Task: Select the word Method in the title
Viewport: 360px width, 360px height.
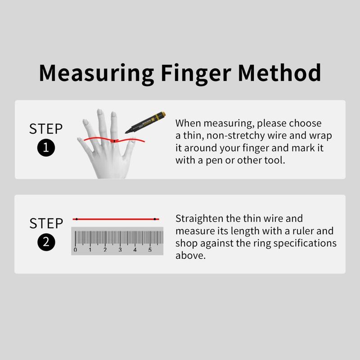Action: pyautogui.click(x=279, y=72)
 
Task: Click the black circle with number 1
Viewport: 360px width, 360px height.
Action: pyautogui.click(x=46, y=148)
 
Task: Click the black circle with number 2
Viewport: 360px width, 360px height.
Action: pyautogui.click(x=46, y=242)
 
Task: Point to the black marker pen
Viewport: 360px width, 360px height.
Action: pyautogui.click(x=145, y=122)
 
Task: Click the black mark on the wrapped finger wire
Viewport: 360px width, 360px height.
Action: pyautogui.click(x=114, y=141)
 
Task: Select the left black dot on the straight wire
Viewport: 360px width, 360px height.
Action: pyautogui.click(x=76, y=219)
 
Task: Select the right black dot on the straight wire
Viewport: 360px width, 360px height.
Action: pyautogui.click(x=155, y=219)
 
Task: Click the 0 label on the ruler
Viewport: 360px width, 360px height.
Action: pyautogui.click(x=75, y=250)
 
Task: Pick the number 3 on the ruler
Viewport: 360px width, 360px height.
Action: pyautogui.click(x=120, y=250)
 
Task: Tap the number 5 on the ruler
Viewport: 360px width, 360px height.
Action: pyautogui.click(x=150, y=250)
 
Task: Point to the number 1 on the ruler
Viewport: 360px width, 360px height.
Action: pyautogui.click(x=90, y=250)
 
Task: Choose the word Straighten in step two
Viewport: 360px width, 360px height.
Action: pyautogui.click(x=199, y=219)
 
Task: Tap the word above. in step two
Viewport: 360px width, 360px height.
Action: pyautogui.click(x=190, y=255)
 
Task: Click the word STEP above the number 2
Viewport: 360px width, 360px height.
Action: pyautogui.click(x=46, y=223)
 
